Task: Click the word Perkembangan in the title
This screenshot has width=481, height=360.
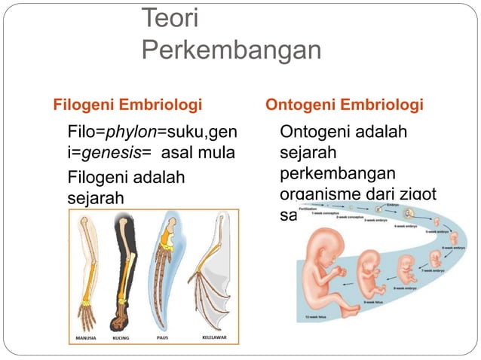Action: point(231,50)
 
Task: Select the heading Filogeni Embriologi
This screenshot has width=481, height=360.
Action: point(126,103)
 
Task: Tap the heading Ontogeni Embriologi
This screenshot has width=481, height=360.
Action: point(344,103)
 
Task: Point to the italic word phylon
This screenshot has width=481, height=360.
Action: point(130,133)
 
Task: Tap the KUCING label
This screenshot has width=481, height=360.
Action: point(121,338)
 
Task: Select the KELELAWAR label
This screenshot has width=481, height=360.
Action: point(215,338)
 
